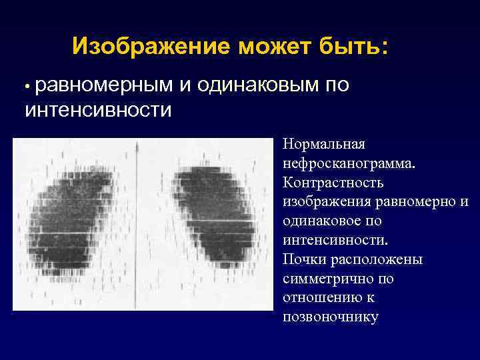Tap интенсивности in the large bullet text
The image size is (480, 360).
(98, 108)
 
